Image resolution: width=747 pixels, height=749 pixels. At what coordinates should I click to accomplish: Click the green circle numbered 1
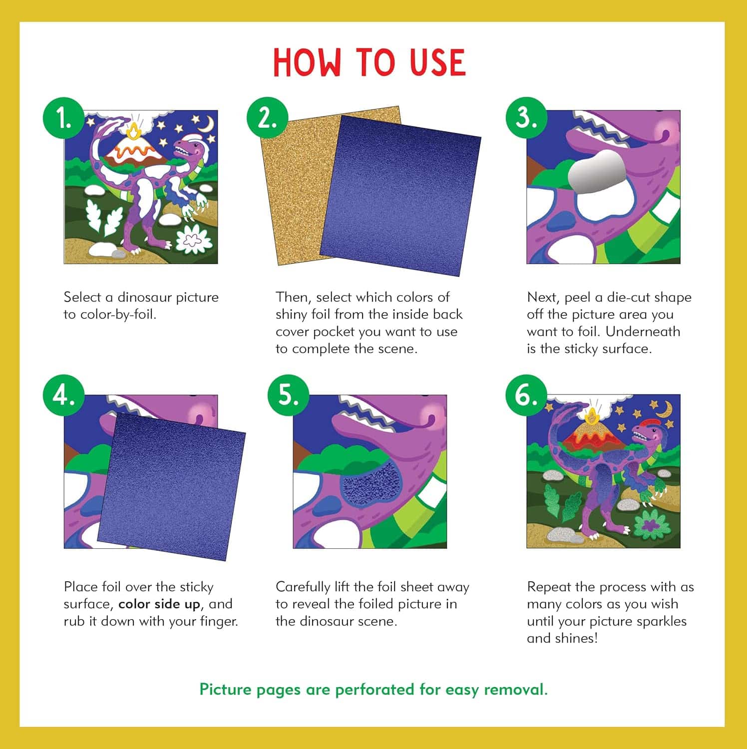63,118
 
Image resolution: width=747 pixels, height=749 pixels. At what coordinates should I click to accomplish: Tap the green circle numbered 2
268,118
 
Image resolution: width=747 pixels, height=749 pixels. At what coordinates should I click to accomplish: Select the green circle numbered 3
527,118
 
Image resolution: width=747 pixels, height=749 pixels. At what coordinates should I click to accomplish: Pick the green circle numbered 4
63,395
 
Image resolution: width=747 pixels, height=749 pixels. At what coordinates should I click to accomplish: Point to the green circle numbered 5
288,395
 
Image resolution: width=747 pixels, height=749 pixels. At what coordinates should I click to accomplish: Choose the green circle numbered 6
527,395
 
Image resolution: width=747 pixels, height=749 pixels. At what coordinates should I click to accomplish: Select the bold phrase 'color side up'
159,604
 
